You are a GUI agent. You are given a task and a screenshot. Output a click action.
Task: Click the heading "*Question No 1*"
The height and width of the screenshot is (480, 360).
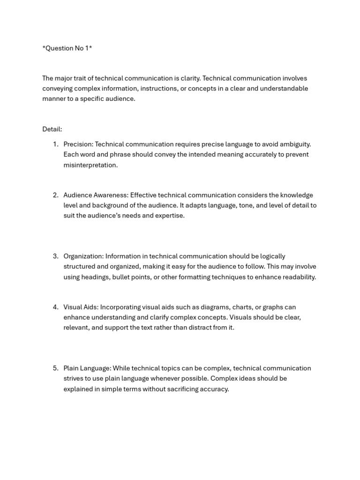pyautogui.click(x=67, y=48)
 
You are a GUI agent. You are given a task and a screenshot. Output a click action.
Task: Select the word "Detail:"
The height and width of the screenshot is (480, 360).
pyautogui.click(x=52, y=129)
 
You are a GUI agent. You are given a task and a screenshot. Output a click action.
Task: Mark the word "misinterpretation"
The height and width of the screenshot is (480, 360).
pyautogui.click(x=90, y=165)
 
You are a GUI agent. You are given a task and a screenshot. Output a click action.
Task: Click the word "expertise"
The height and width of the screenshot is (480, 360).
pyautogui.click(x=170, y=216)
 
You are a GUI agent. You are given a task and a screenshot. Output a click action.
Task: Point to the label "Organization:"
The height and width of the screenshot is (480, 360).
pyautogui.click(x=83, y=256)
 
